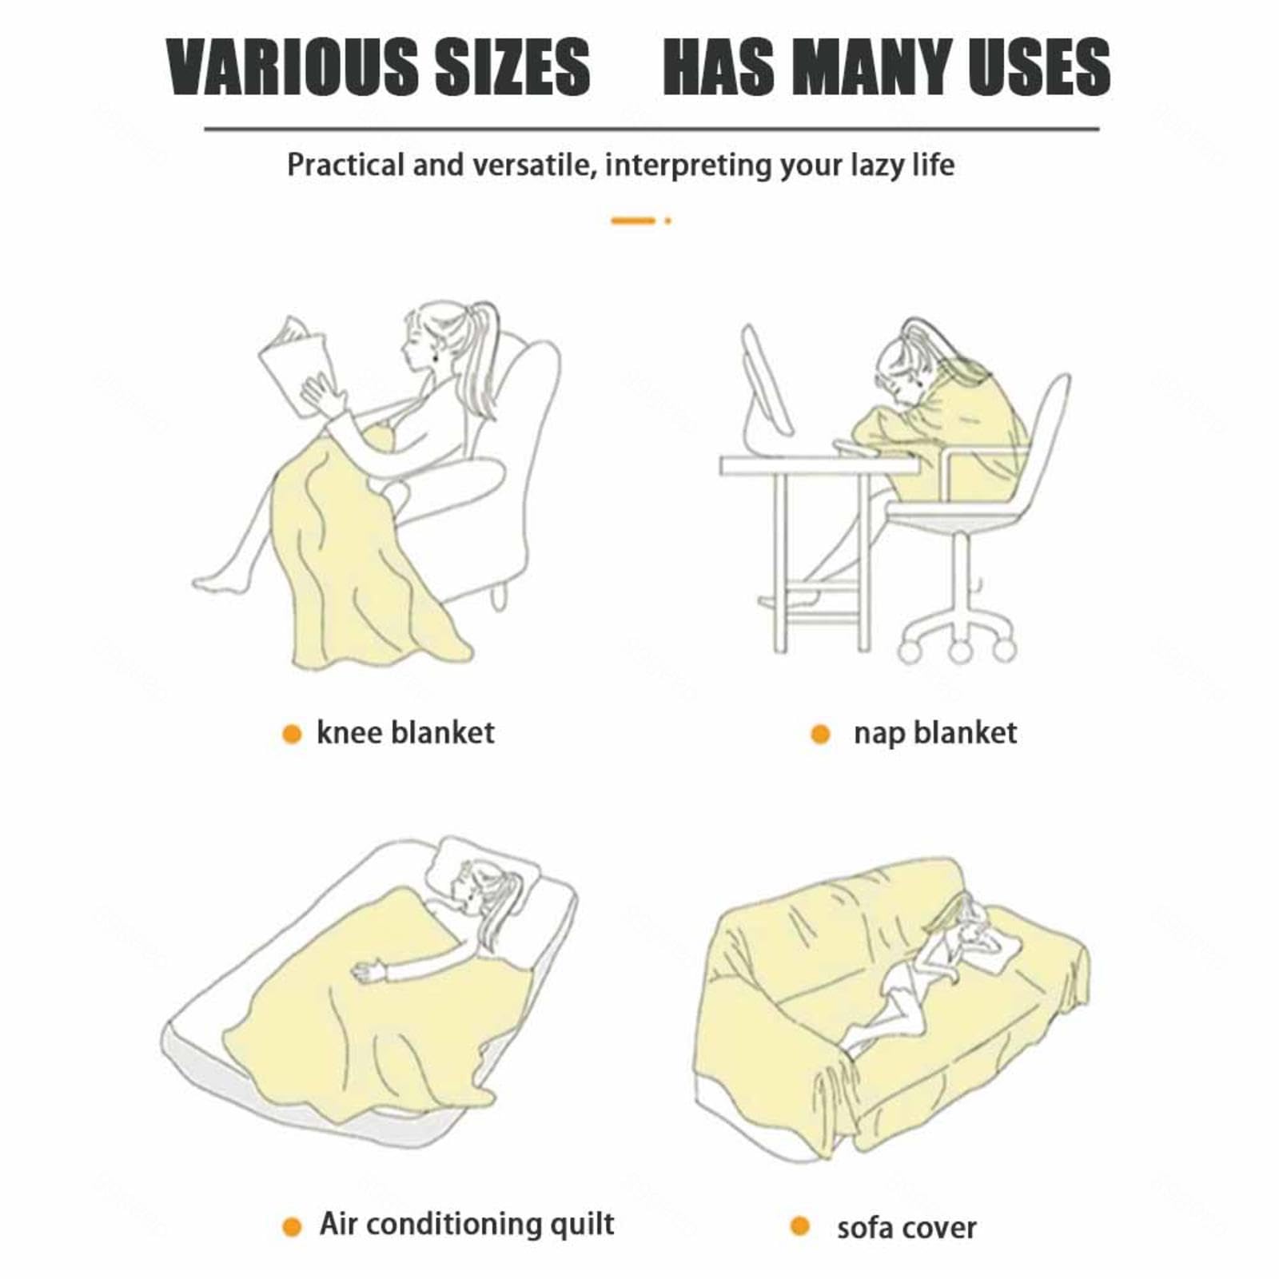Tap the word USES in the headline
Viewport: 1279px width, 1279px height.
point(1040,67)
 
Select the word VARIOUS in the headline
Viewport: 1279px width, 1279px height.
point(293,67)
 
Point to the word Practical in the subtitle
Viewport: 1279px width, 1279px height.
point(346,165)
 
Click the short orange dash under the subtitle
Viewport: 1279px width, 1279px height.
point(633,221)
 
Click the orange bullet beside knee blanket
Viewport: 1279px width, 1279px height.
point(292,734)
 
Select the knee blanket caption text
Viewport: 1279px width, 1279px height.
point(405,732)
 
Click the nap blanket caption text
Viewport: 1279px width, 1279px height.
point(935,733)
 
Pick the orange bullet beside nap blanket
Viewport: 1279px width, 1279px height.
point(820,734)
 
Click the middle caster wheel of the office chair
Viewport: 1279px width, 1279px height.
point(959,651)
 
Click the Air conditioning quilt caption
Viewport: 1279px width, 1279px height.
point(467,1224)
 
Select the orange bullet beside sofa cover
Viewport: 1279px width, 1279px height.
point(799,1225)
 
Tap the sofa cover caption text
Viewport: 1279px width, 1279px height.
point(906,1228)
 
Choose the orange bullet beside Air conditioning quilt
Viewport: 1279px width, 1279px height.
point(292,1227)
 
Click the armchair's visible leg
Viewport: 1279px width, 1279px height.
point(500,596)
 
